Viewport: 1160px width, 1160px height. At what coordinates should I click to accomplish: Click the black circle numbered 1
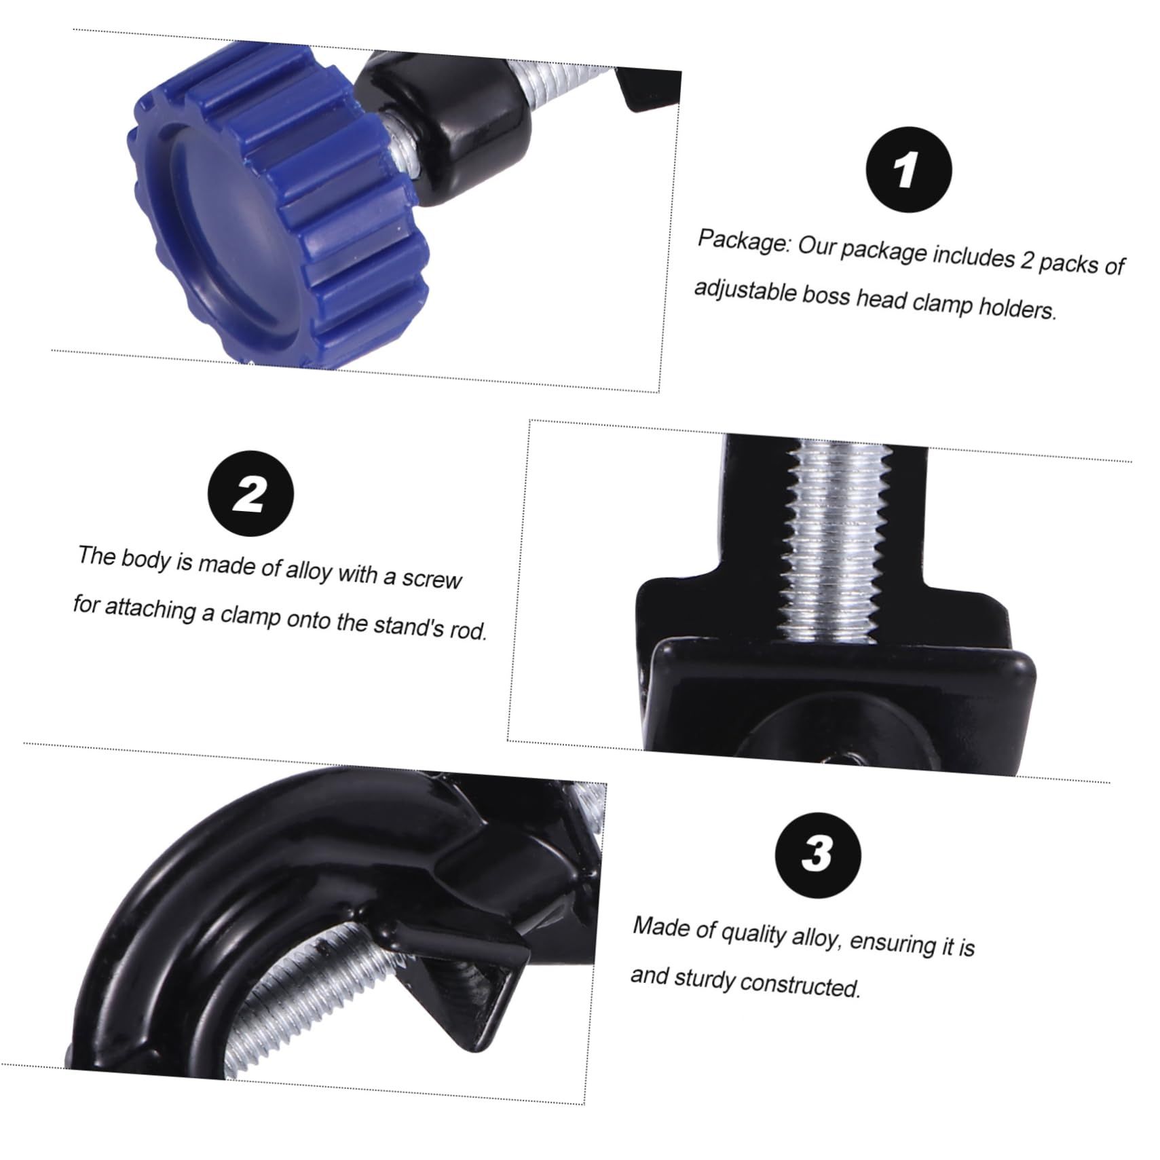909,170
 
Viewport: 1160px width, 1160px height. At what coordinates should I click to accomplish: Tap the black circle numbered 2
251,493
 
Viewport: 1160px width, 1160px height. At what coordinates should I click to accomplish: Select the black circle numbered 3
818,855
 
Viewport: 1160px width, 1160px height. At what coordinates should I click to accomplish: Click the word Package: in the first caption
744,241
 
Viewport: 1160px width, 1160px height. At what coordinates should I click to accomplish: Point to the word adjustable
744,292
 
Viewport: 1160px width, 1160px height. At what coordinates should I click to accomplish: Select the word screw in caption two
432,578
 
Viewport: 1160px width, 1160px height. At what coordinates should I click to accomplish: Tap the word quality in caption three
754,935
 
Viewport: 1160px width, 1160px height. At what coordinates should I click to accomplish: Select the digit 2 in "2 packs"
1028,259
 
